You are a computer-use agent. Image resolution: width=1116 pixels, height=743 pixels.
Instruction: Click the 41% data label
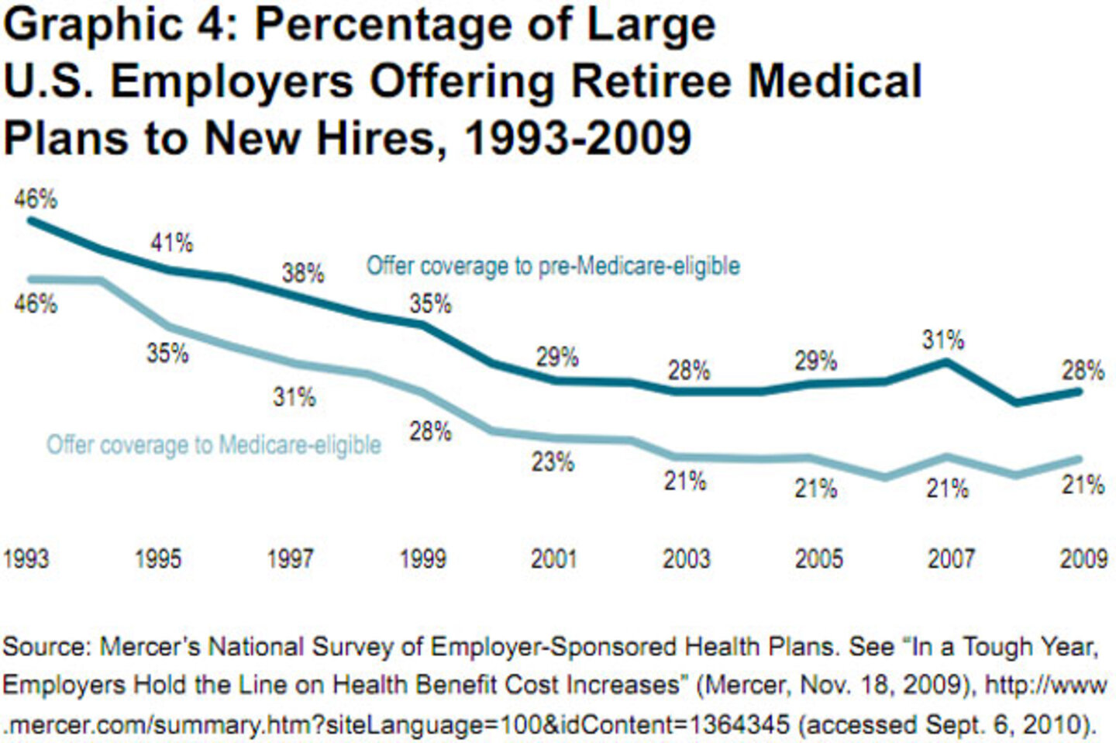pos(171,243)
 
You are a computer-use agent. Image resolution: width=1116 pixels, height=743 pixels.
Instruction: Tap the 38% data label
pos(302,273)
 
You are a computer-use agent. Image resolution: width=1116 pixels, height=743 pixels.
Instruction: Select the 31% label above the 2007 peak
pos(942,340)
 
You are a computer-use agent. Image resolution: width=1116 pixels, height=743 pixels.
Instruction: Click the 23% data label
pos(552,462)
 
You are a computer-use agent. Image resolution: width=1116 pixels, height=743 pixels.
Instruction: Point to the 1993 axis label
pos(26,558)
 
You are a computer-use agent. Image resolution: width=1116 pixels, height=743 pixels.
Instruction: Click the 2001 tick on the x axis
pos(553,558)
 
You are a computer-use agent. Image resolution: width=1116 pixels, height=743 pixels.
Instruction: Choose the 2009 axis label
pos(1083,558)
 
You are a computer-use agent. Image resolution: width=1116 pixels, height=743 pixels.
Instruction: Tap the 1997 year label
pos(290,558)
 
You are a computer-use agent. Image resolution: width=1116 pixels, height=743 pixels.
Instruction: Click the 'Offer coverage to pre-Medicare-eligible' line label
pos(553,266)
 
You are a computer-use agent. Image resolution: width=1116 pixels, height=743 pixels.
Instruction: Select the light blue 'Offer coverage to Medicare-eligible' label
pos(214,445)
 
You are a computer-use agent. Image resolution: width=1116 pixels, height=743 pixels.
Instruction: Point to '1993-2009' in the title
pos(577,138)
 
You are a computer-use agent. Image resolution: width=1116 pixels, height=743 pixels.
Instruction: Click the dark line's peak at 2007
pos(945,362)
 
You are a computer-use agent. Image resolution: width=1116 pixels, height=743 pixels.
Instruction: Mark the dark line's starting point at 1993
pos(31,221)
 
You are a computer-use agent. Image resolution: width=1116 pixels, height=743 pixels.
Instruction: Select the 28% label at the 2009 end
pos(1082,370)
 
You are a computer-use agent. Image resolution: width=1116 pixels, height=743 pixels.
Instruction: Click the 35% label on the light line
pos(167,353)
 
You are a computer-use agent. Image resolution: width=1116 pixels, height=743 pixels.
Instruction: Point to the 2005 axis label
pos(818,558)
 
